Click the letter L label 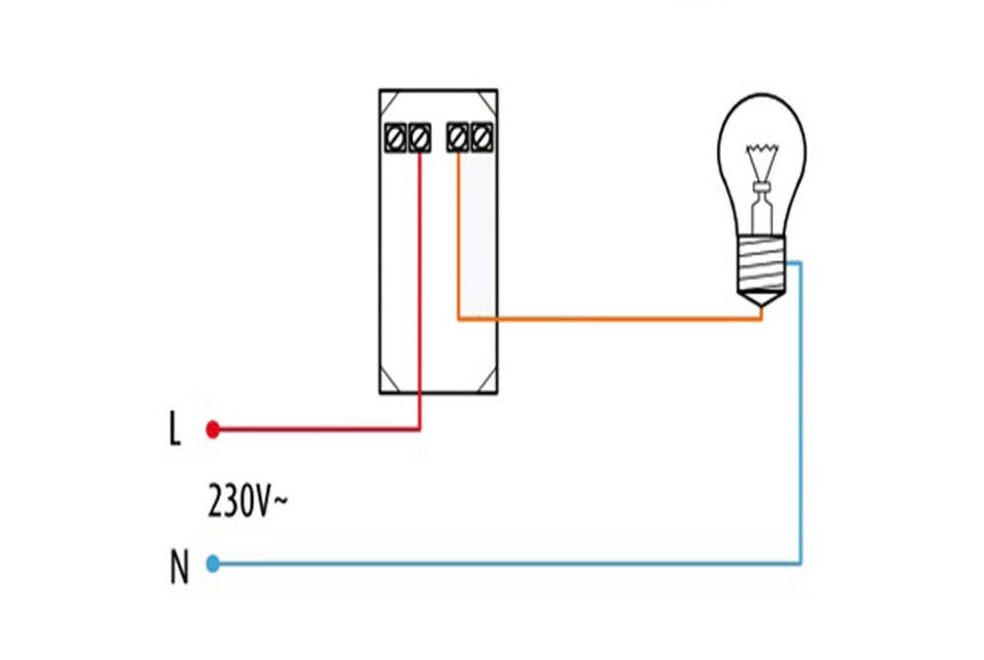175,429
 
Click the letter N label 178,569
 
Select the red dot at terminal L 211,429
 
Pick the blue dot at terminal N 211,563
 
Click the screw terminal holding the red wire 420,137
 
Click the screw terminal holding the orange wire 457,137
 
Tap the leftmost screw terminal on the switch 395,137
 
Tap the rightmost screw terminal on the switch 481,137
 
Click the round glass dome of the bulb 761,148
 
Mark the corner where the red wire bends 420,429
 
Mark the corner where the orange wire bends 458,318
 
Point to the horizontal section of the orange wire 611,318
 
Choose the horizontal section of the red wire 316,429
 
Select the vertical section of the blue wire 800,414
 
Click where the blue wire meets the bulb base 789,263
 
